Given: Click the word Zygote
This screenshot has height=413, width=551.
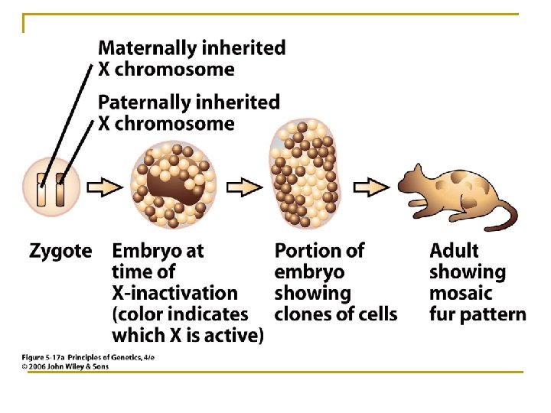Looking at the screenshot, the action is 60,251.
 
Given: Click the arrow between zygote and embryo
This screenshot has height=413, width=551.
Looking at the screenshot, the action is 106,187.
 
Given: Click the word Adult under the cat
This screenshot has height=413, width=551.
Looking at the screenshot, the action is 454,251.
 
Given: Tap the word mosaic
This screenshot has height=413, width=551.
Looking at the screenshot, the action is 460,293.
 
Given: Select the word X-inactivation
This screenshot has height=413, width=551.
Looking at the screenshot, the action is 174,293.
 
